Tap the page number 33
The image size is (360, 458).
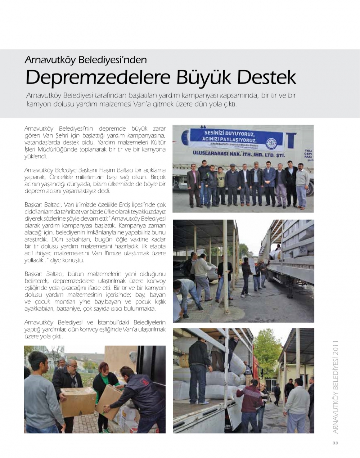335,443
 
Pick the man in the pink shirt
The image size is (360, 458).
194,184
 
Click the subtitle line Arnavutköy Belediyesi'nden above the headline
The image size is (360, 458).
86,59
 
